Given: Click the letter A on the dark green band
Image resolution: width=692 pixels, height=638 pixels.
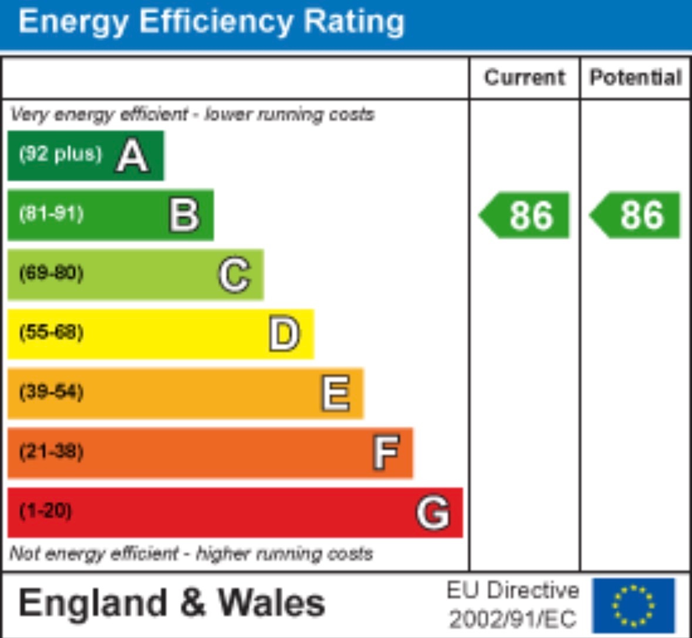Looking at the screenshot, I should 132,156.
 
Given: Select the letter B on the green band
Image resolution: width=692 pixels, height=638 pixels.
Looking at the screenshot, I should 184,215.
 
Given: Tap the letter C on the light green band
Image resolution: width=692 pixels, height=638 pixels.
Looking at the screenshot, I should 235,274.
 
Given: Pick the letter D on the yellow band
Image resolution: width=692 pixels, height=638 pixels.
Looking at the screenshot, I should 285,334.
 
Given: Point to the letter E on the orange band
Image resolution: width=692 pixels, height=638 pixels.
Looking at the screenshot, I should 336,393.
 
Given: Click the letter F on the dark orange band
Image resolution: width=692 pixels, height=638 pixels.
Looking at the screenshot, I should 386,452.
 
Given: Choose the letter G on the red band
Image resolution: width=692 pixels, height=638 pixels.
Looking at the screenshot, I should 433,513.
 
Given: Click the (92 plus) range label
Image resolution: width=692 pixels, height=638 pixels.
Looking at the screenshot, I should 60,154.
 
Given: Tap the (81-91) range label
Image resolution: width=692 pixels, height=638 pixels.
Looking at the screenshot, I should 52,213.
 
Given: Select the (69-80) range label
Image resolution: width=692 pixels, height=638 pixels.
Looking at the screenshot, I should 52,273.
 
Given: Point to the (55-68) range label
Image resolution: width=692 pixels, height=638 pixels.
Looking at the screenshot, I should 52,332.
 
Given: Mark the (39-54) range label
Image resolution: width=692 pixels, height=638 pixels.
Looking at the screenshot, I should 52,392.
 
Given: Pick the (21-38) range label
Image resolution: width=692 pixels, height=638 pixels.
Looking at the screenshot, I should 52,452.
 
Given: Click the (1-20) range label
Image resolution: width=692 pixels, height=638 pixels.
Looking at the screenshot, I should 46,511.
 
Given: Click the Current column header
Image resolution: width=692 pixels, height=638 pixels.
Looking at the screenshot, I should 524,77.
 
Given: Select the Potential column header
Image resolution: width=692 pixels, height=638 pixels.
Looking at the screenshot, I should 636,77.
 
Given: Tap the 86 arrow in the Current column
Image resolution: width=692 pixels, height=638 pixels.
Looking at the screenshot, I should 525,215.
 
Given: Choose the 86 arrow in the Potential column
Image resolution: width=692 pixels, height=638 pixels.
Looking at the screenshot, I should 636,215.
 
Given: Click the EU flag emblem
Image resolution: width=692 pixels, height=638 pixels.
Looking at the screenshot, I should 633,605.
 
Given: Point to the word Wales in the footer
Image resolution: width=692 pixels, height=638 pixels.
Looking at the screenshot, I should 271,603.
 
